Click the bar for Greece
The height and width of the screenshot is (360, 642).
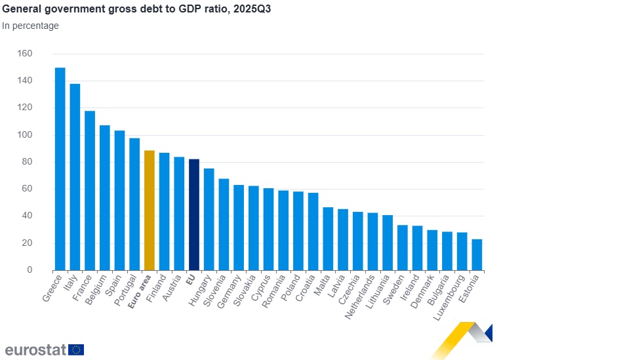point(60,169)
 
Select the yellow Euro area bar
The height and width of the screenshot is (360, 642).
point(149,210)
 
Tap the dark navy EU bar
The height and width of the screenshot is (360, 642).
point(193,214)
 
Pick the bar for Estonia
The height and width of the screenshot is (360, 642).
point(477,254)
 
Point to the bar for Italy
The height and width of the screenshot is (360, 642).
point(75,177)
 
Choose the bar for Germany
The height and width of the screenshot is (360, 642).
point(239,228)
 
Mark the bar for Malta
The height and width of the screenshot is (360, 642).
point(328,239)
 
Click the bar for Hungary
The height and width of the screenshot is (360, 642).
point(209,220)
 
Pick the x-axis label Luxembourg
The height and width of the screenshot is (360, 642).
point(449,298)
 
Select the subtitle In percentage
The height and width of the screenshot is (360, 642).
point(30,26)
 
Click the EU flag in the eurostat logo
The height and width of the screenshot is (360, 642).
point(76,350)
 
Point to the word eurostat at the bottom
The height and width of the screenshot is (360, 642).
point(35,350)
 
